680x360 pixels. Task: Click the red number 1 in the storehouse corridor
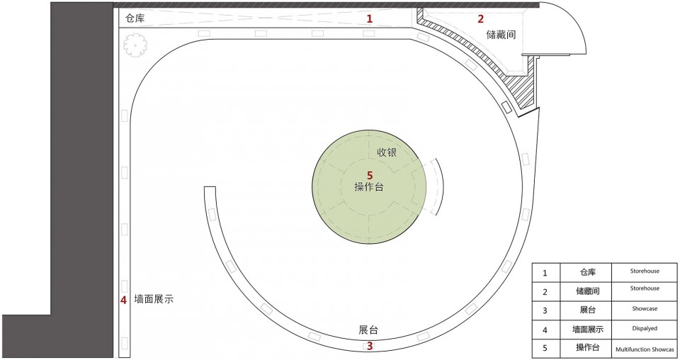369,19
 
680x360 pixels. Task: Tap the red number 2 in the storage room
480,19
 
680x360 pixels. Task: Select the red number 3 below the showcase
369,346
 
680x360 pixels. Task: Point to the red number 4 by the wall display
123,300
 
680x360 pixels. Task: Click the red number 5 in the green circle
369,174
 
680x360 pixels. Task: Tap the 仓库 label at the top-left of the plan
135,18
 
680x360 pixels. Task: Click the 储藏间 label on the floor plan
500,34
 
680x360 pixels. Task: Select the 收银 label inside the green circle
387,152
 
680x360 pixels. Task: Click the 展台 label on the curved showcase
368,330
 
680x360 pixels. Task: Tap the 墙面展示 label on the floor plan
154,300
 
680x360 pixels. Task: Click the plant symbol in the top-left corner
135,46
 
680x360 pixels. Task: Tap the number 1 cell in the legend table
545,272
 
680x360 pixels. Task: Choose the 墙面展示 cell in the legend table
588,329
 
